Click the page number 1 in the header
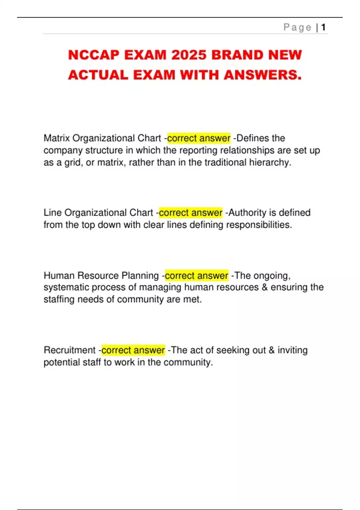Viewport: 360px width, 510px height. point(323,28)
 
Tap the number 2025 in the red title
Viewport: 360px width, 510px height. point(189,55)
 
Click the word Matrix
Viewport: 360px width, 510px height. point(57,138)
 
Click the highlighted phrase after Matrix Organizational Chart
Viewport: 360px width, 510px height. point(199,138)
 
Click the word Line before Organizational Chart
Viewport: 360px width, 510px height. point(53,213)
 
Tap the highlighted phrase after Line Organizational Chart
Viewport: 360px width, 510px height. point(190,213)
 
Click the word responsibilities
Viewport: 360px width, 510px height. point(259,225)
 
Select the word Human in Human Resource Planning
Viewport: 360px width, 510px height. point(59,275)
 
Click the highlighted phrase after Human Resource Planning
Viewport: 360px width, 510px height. point(196,275)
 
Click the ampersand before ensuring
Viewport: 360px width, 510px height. point(265,287)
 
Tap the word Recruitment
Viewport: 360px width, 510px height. point(70,350)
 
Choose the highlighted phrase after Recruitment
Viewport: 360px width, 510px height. point(133,350)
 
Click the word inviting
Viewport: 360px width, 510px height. point(292,350)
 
